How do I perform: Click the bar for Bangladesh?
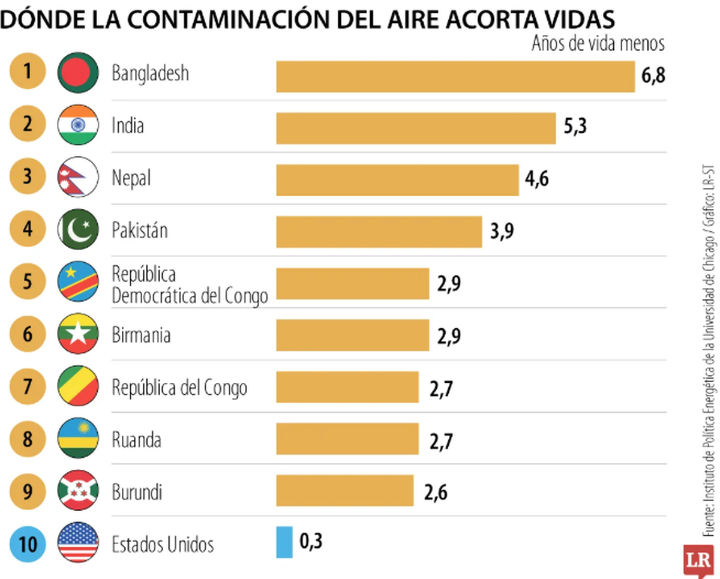point(455,77)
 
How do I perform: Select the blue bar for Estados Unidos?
point(284,542)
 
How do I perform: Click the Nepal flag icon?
point(78,177)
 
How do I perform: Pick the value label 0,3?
point(311,542)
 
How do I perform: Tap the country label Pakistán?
point(140,230)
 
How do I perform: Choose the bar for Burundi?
point(344,491)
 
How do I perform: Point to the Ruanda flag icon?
point(78,440)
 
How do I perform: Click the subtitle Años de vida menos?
point(598,44)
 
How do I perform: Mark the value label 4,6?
point(537,179)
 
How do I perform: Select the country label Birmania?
point(141,335)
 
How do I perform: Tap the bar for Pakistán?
point(379,232)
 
